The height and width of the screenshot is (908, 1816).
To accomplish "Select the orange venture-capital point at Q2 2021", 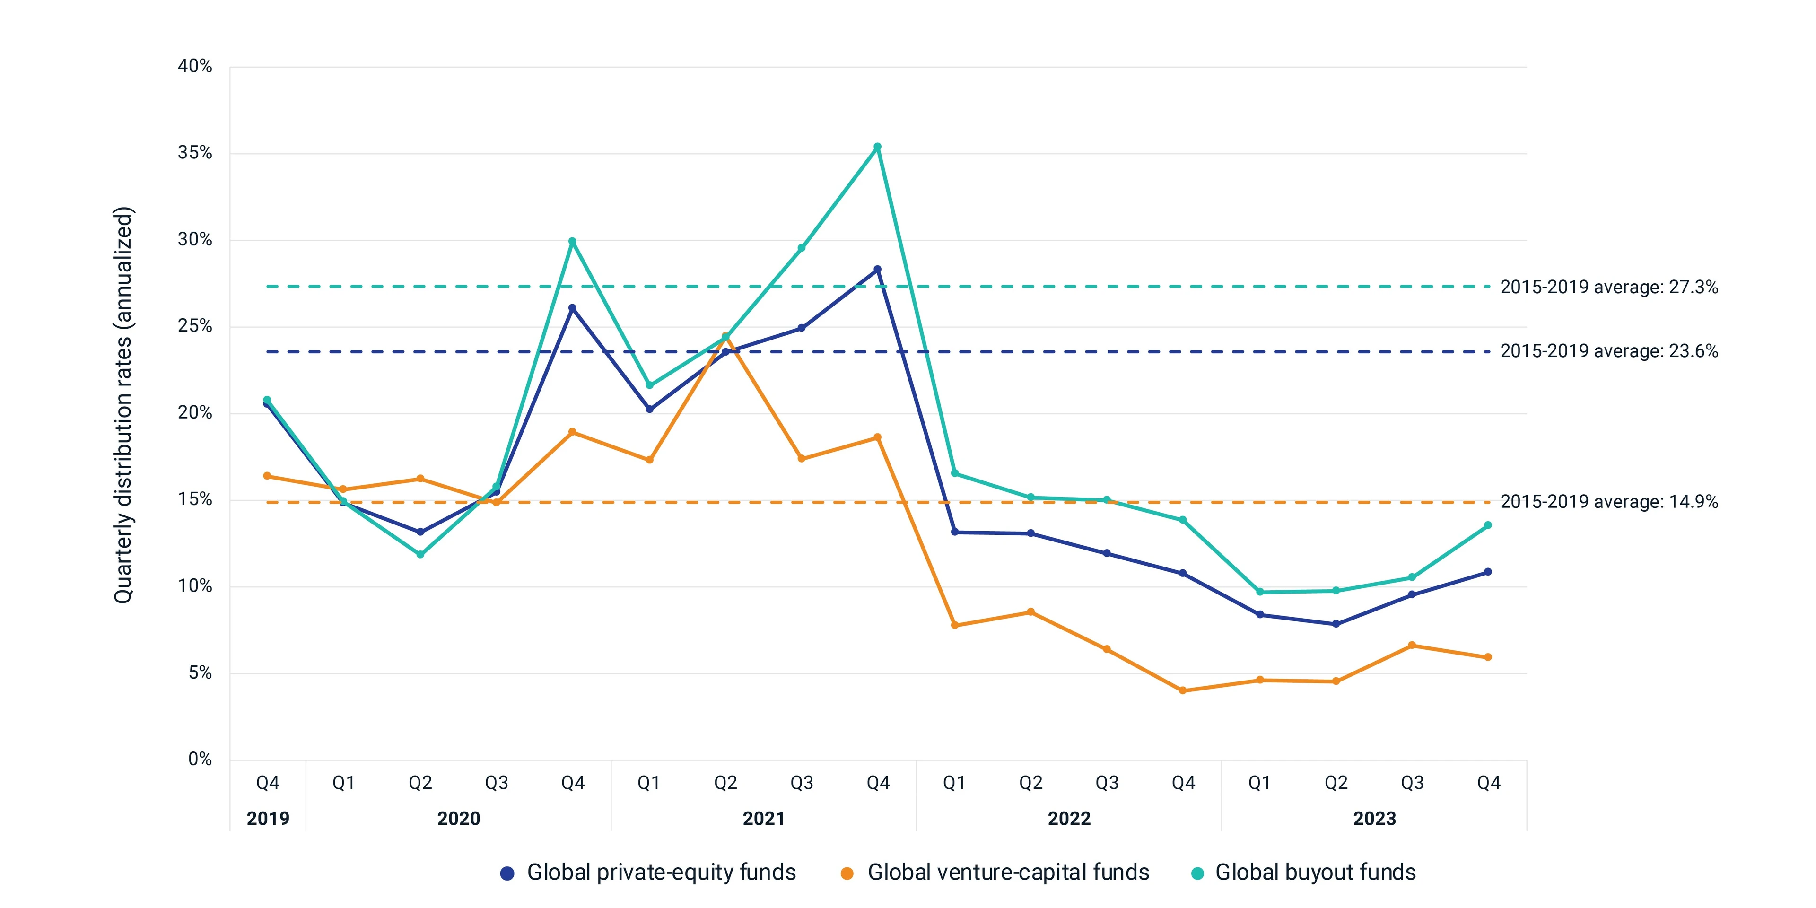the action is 725,336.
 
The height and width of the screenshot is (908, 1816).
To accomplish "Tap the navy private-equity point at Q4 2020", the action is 572,308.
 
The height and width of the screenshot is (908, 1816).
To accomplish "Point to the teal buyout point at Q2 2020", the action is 420,555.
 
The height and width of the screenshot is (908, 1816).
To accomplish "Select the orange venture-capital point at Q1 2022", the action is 954,625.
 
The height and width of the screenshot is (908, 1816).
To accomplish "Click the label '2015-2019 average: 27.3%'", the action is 1609,287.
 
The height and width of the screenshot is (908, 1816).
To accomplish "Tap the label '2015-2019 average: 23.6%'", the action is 1609,351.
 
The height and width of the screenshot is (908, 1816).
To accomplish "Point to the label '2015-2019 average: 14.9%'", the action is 1609,502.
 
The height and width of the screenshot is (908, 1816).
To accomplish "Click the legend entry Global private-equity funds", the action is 648,873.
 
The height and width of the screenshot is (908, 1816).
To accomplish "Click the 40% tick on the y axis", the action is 194,66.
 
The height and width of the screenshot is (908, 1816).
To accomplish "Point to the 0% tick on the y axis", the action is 200,759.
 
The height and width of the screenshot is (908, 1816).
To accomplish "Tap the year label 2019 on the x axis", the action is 268,819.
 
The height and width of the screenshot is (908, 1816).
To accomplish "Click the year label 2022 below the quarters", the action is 1069,819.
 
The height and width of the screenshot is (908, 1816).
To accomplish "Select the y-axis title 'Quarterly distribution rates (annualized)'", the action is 123,405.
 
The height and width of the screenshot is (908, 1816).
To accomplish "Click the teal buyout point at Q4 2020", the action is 572,242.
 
